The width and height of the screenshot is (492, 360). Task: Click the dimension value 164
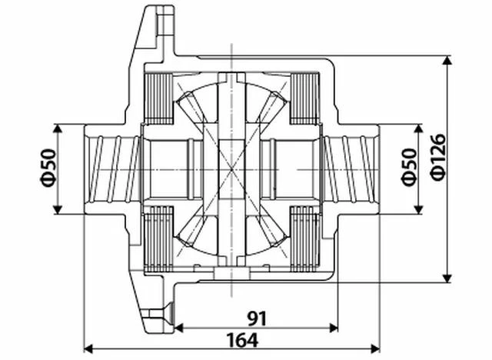(x=242, y=339)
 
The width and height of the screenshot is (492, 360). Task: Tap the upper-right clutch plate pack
(x=304, y=98)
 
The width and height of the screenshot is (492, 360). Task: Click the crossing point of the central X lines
(x=231, y=169)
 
